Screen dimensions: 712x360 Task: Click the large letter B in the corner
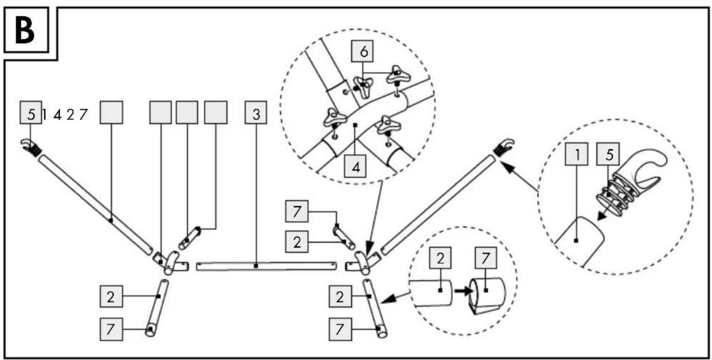[25, 31]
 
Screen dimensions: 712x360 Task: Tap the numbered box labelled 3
[256, 113]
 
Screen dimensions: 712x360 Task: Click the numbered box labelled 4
[355, 166]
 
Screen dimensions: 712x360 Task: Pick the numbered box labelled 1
[576, 154]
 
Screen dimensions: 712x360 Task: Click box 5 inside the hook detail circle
[608, 154]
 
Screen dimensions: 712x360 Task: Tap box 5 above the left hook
[31, 113]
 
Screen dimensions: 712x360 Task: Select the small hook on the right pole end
[504, 147]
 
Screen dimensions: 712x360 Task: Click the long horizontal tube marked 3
[266, 266]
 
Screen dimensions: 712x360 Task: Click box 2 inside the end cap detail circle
[440, 258]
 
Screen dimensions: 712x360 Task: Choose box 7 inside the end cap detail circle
[486, 258]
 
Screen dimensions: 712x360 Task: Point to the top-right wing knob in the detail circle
[398, 75]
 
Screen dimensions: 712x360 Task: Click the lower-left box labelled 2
[111, 296]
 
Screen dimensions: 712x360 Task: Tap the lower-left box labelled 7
[111, 329]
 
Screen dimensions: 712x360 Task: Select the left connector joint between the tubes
[171, 262]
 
